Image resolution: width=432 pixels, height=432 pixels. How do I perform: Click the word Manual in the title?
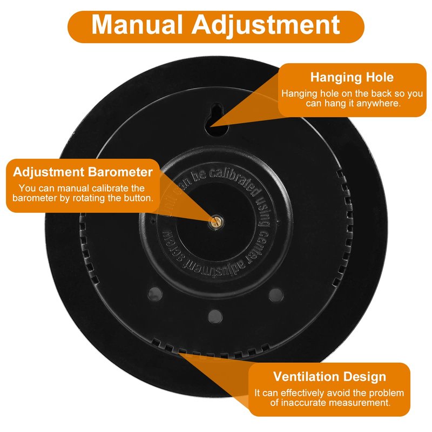(137, 25)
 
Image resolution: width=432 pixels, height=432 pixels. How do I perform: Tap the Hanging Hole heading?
(352, 77)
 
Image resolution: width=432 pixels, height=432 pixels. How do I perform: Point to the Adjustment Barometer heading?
(83, 172)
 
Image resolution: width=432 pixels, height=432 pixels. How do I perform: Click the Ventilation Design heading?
(329, 376)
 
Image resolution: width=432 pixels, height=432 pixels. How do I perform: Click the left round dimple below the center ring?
(155, 293)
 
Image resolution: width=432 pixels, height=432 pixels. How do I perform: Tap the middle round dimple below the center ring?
(215, 314)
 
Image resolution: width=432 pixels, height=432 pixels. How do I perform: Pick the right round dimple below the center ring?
(275, 294)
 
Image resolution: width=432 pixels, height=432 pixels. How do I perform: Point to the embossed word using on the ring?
(264, 212)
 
